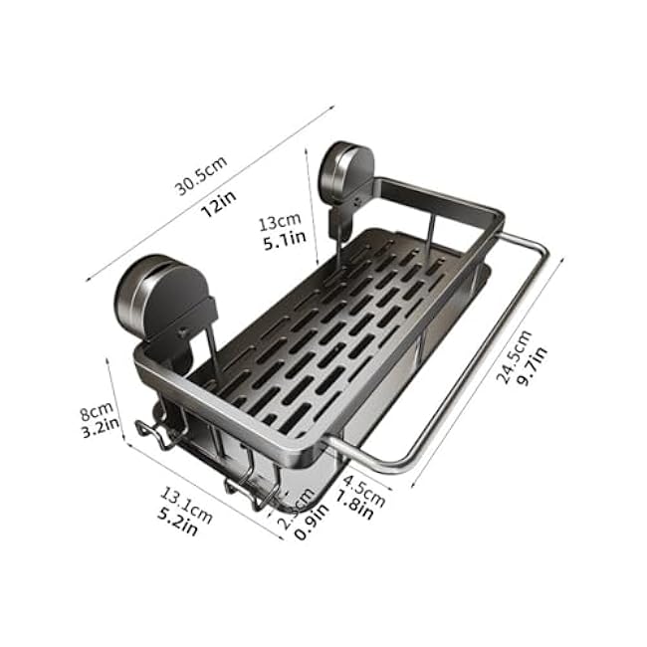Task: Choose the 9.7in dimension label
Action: coord(535,367)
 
